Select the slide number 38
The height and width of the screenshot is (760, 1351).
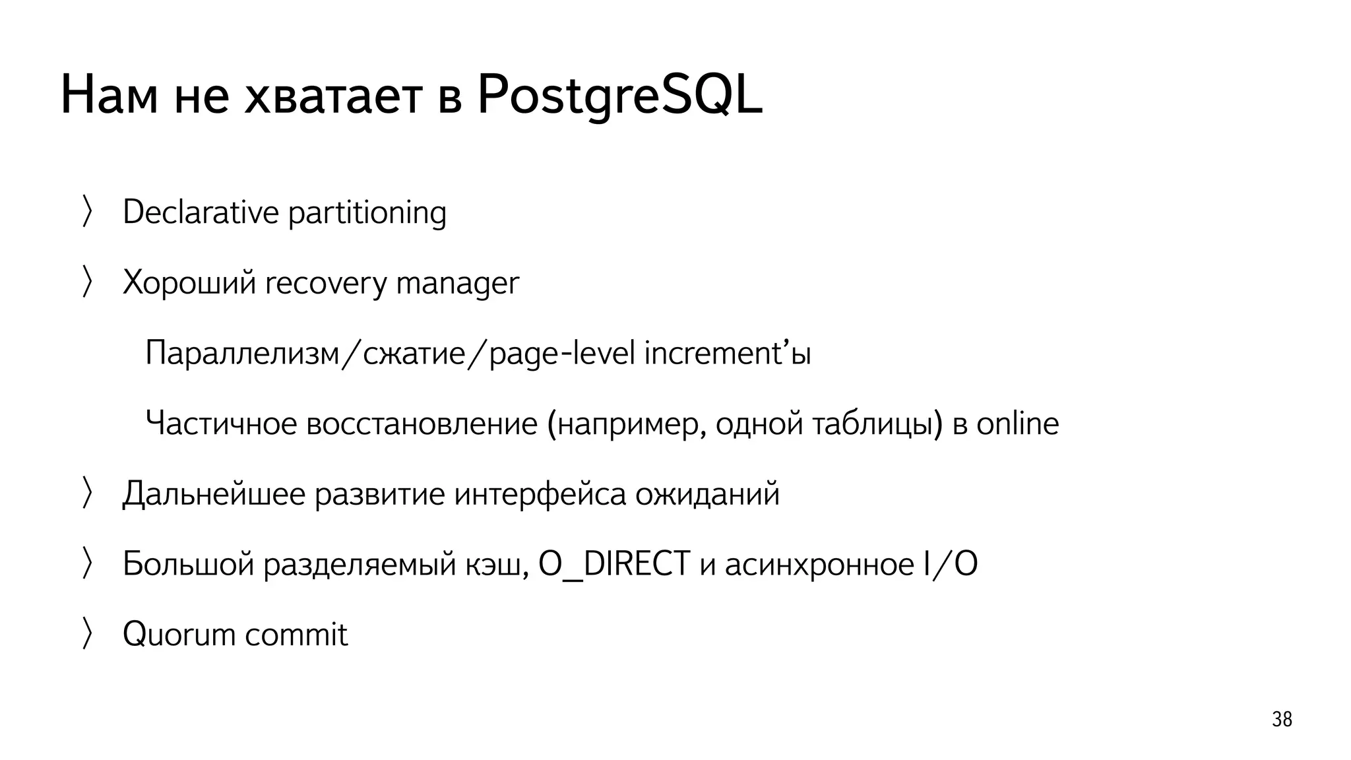pyautogui.click(x=1281, y=719)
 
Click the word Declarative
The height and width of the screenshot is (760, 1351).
pyautogui.click(x=201, y=212)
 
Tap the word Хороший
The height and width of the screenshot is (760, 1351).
pyautogui.click(x=189, y=284)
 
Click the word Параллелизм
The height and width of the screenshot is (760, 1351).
pyautogui.click(x=241, y=354)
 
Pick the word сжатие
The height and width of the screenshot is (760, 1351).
pyautogui.click(x=414, y=354)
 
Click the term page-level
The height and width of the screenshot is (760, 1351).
pyautogui.click(x=561, y=354)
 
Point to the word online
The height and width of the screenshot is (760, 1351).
pyautogui.click(x=1017, y=424)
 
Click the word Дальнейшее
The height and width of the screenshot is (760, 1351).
pyautogui.click(x=214, y=494)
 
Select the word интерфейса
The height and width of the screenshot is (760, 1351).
pyautogui.click(x=540, y=494)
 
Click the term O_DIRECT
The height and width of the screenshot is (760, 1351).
pyautogui.click(x=614, y=565)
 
